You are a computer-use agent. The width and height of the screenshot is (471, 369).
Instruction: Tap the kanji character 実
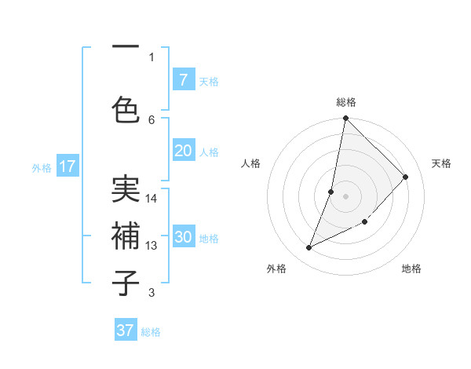(126, 189)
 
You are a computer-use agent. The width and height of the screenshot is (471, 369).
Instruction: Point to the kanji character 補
(126, 236)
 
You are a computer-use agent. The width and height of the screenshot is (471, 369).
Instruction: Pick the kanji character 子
(126, 283)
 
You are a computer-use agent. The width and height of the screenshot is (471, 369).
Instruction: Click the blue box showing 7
(183, 80)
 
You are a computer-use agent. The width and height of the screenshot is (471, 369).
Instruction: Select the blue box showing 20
(183, 151)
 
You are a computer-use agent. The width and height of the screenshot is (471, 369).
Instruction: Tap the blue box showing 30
(183, 237)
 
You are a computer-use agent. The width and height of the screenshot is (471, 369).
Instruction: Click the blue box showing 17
(67, 166)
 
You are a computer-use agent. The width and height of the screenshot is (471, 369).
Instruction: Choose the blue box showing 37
(126, 331)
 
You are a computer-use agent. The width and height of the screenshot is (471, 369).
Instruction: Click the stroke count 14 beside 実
(152, 199)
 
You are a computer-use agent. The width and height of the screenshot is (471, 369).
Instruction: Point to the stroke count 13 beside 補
(152, 246)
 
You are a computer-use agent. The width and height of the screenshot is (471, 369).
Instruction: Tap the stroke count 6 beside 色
(152, 119)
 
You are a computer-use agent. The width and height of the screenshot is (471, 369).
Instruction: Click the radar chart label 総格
(345, 102)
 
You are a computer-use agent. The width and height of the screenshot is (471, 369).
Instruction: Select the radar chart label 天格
(442, 163)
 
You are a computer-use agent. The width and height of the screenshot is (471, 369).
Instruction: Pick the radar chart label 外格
(276, 269)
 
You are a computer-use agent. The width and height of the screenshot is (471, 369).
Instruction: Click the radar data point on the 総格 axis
(345, 118)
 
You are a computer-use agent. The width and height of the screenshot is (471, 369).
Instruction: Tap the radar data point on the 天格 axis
(406, 177)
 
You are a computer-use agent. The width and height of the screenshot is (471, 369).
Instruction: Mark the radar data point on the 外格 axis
(309, 248)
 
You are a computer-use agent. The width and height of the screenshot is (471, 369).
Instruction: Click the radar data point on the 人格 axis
(331, 192)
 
